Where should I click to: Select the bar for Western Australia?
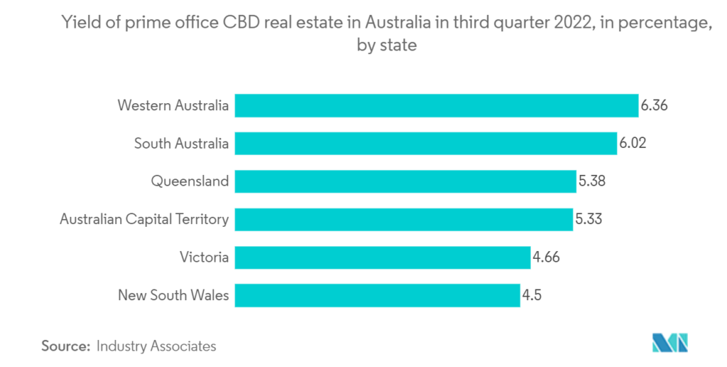point(436,106)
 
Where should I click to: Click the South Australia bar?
point(425,144)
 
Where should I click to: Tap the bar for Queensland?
point(405,181)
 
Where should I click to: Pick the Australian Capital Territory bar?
point(403,219)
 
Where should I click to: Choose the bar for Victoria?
point(382,257)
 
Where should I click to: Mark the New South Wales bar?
point(377,294)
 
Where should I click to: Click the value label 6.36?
point(654,106)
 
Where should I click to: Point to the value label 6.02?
point(633,144)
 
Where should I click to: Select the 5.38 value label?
point(591,181)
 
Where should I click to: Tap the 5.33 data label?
point(589,219)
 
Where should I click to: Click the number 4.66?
point(547,257)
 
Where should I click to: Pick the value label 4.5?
point(532,294)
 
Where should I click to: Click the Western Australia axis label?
point(173,106)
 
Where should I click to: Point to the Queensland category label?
point(190,181)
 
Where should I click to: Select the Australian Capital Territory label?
point(144,219)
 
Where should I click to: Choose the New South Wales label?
point(173,294)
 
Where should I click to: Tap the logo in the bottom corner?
point(669,343)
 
